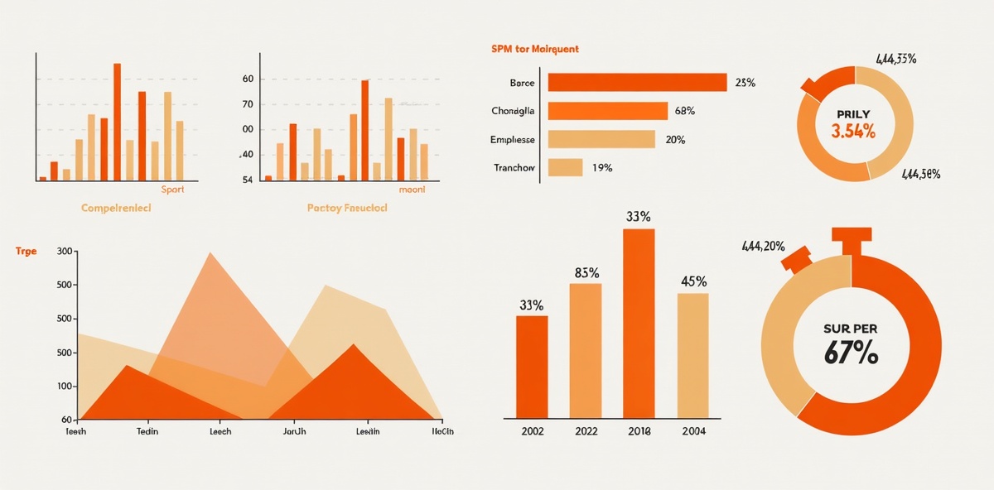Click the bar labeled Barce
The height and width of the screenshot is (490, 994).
(637, 83)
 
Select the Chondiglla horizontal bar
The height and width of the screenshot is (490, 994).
(607, 111)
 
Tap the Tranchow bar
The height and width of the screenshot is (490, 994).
(565, 167)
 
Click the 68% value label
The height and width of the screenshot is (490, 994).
(684, 111)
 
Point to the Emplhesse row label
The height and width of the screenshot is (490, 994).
(513, 140)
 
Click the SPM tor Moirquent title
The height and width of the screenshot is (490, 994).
(535, 50)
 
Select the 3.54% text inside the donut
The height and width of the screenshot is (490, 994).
(852, 130)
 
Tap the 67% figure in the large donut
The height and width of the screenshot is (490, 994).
(851, 353)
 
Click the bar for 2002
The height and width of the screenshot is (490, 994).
(532, 366)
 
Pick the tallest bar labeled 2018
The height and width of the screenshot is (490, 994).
(639, 323)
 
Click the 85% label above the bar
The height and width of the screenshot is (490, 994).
(586, 273)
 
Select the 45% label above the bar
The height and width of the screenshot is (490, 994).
(693, 281)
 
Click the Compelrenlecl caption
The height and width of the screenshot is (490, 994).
(116, 209)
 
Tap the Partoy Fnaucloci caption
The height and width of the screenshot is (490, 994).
(347, 209)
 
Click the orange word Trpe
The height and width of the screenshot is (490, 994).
(27, 251)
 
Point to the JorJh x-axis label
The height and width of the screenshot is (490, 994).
(295, 431)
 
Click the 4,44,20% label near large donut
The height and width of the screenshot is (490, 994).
(763, 246)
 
